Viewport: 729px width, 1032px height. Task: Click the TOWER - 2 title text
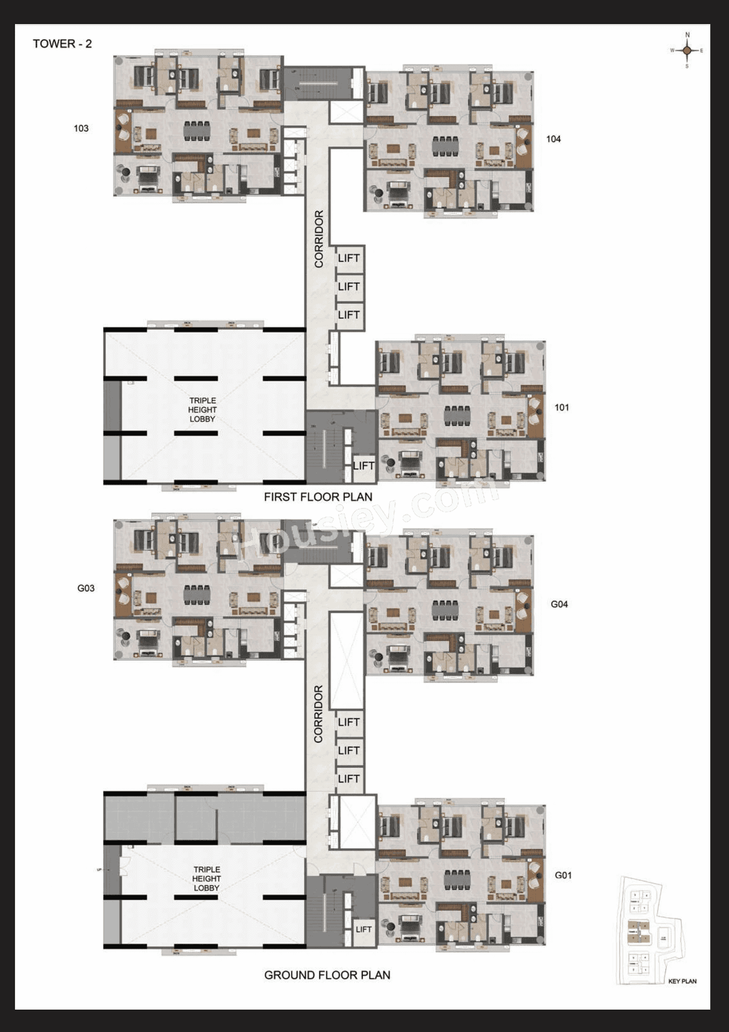(62, 44)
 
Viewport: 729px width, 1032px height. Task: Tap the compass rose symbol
(687, 51)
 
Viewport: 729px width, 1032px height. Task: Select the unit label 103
(81, 128)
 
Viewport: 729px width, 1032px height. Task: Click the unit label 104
(553, 139)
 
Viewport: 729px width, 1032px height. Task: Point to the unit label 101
(562, 407)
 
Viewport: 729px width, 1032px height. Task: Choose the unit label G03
(86, 588)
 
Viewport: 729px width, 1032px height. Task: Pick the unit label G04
(559, 604)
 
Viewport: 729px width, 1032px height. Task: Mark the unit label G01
(563, 875)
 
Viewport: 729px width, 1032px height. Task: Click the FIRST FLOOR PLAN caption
(318, 497)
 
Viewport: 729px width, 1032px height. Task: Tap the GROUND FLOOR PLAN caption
(327, 975)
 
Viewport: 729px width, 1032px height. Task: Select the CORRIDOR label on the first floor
(319, 239)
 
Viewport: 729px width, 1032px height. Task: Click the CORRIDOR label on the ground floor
(318, 714)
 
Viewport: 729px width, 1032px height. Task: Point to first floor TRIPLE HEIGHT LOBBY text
(202, 409)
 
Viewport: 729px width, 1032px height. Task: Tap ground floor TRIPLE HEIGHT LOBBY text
(206, 878)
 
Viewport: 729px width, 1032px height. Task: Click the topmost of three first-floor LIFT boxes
(349, 259)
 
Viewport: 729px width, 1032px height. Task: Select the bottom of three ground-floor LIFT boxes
(349, 779)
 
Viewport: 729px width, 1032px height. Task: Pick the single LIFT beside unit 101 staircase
(363, 466)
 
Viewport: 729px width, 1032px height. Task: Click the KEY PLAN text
(682, 981)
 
